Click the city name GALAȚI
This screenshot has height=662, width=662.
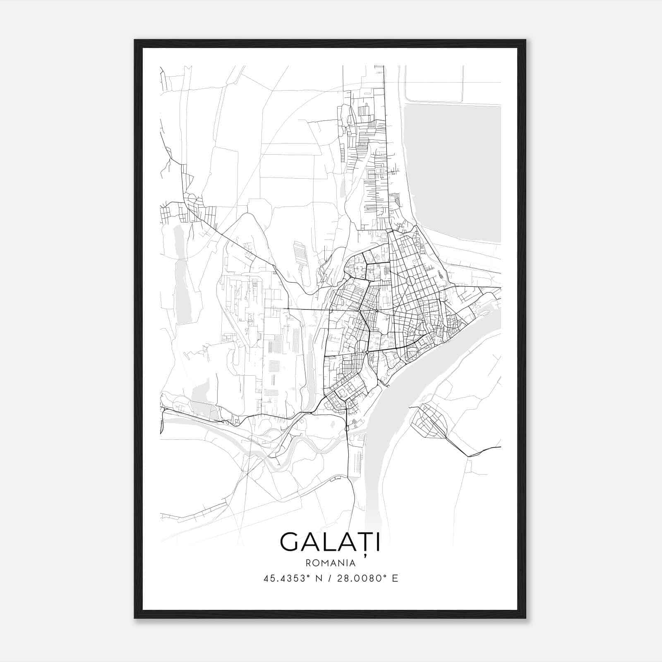click(330, 542)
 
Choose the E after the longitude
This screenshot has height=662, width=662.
click(395, 578)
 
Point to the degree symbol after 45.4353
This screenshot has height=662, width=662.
click(308, 576)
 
